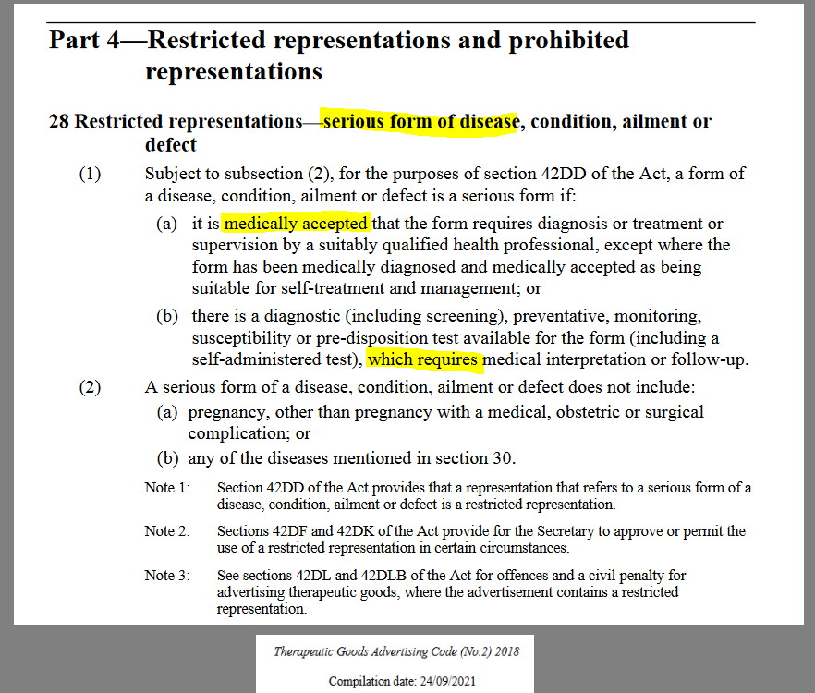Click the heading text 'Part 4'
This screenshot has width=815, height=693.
pos(82,41)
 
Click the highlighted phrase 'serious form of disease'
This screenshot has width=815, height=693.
pos(420,122)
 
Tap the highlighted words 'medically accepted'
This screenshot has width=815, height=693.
pos(296,224)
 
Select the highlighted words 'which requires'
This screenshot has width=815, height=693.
pos(424,359)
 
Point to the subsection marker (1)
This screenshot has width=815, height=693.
pos(90,174)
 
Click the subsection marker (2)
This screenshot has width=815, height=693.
pos(90,386)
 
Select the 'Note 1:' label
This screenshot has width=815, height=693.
pos(166,488)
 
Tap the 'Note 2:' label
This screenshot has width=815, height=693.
pos(166,531)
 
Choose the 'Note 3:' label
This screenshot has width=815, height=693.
pos(166,576)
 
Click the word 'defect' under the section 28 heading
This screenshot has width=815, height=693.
pos(171,145)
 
